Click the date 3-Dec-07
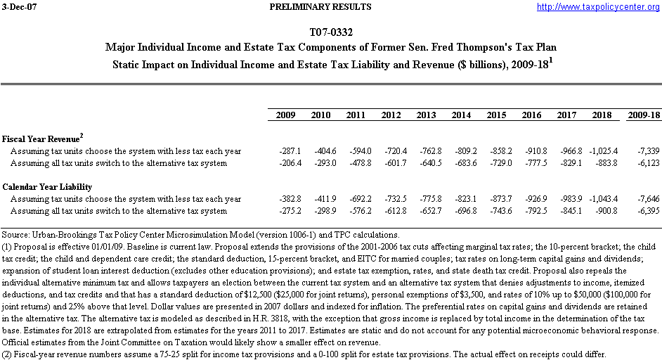19,7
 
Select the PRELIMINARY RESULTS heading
320,7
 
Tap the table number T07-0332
331,33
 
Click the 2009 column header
286,115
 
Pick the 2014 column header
462,115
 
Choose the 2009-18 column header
644,115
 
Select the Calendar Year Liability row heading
47,187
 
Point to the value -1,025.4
602,151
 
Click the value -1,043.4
602,199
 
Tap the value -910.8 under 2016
536,151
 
